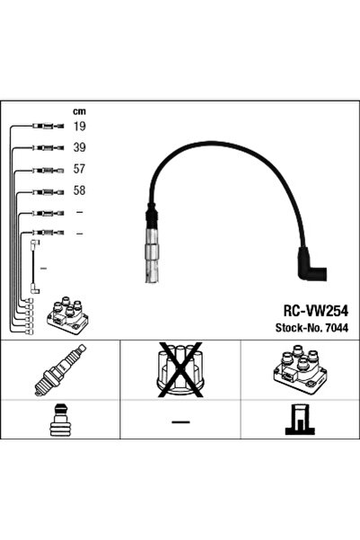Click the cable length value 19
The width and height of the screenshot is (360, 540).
79,126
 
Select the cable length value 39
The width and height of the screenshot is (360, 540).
79,147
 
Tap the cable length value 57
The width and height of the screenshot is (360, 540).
79,169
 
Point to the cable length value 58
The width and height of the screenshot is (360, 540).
79,190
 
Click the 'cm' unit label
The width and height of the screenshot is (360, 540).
79,111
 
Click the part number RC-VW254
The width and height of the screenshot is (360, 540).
316,311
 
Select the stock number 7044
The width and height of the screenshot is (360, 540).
337,328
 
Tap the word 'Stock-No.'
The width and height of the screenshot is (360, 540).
299,328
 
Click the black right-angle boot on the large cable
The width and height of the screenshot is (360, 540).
312,264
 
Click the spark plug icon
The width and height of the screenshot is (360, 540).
60,369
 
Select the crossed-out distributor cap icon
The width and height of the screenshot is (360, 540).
180,369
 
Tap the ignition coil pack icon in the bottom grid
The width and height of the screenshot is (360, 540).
300,368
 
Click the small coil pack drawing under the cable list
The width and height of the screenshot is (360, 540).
68,314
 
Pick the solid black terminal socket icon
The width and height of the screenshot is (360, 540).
300,419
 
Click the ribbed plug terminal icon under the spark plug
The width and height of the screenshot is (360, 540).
60,420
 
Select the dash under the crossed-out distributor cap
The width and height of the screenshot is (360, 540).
180,421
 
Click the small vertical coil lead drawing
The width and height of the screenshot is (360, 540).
34,267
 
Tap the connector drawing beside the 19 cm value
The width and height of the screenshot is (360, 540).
48,127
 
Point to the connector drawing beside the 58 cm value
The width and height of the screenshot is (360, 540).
48,191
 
